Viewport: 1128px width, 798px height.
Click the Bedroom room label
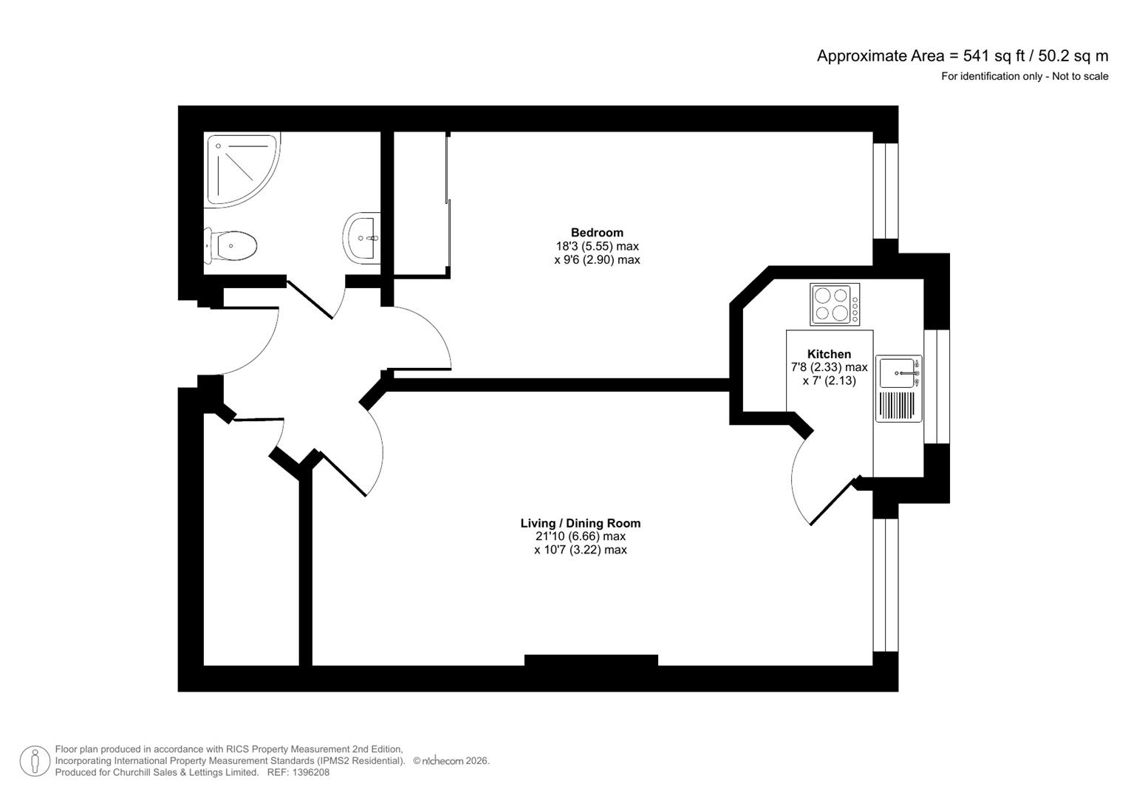pos(597,233)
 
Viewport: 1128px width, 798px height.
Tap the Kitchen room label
pos(829,354)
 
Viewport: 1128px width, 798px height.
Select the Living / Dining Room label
pos(580,523)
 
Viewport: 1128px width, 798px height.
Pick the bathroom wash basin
pos(362,237)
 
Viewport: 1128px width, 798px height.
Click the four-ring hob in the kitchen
pos(834,304)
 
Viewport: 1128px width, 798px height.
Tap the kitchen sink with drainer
pos(899,389)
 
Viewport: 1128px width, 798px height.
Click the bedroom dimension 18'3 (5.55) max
pos(597,246)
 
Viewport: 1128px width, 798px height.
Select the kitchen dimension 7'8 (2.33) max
pos(829,367)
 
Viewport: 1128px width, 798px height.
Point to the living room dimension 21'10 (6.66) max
pos(580,536)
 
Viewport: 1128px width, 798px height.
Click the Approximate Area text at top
pos(962,55)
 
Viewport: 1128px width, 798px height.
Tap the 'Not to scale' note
pos(1080,76)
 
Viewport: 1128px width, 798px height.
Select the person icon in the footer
pos(35,761)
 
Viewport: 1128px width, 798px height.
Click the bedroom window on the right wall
pos(885,191)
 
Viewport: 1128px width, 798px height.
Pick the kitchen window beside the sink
pos(936,386)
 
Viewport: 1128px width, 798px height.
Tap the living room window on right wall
pos(885,584)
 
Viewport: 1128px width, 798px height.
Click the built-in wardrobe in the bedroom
pos(421,204)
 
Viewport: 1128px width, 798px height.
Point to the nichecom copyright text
pos(451,760)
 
